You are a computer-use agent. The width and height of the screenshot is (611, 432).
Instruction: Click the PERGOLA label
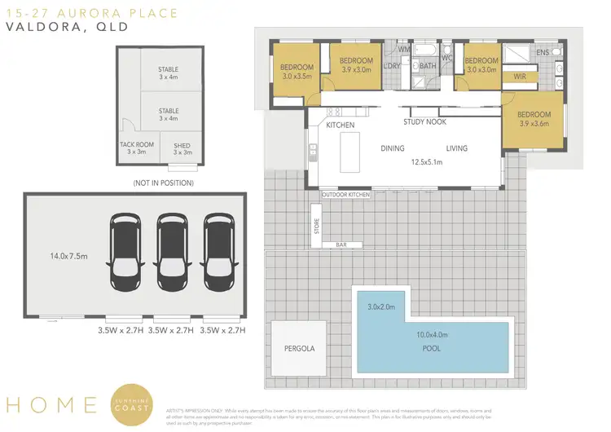tap(299, 348)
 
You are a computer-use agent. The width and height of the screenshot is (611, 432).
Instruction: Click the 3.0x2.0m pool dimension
tap(380, 306)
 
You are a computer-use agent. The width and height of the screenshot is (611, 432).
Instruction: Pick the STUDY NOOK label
tap(424, 122)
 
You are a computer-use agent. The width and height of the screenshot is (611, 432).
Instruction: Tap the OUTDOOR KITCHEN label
tap(345, 195)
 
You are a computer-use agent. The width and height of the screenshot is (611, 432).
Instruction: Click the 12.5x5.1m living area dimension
tap(426, 161)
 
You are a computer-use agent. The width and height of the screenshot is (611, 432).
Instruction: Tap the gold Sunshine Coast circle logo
tap(134, 404)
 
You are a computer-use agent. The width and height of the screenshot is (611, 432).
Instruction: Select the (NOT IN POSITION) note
tap(162, 183)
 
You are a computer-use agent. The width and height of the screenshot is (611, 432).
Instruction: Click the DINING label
tap(393, 148)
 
